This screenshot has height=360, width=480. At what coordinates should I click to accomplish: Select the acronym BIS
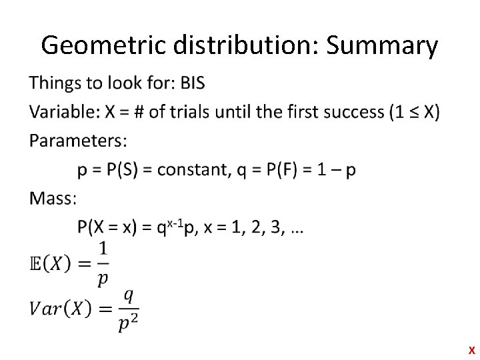coord(190,83)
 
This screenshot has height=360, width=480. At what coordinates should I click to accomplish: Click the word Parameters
coord(78,141)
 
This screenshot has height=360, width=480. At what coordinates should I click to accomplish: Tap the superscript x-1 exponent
coord(175,223)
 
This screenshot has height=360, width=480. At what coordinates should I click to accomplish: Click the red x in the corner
coord(471,350)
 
